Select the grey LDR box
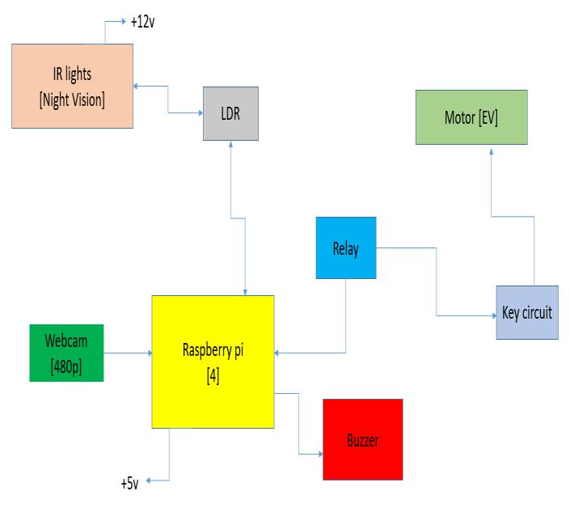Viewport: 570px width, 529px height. (x=230, y=113)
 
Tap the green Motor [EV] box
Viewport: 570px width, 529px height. (x=471, y=117)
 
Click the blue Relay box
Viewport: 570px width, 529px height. (x=345, y=248)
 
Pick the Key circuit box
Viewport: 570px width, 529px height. (x=526, y=312)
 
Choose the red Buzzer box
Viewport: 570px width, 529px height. (x=362, y=440)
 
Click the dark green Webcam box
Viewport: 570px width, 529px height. (x=66, y=353)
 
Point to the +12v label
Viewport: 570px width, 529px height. (x=141, y=22)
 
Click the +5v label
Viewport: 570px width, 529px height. (x=129, y=484)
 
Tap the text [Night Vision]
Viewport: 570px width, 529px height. (x=71, y=99)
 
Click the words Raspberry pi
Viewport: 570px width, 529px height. (x=213, y=350)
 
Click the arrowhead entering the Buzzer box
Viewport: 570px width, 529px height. (x=319, y=454)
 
